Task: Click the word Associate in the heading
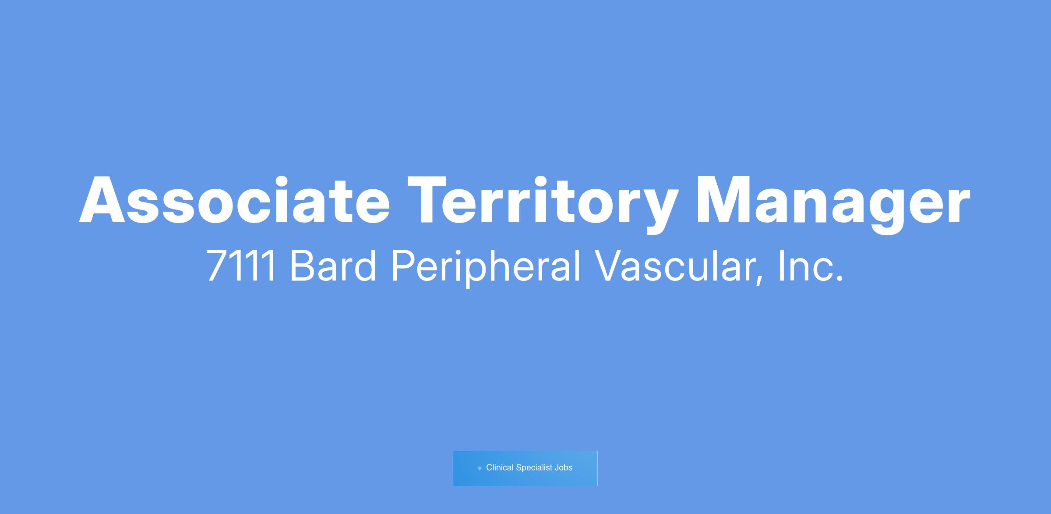point(234,200)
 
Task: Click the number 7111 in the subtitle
point(241,266)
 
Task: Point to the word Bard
point(333,265)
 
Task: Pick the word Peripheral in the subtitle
point(486,268)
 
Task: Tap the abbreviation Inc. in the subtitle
point(810,266)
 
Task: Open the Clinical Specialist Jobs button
point(525,468)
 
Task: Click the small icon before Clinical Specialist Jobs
point(480,468)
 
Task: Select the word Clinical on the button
point(500,468)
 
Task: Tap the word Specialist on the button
point(534,468)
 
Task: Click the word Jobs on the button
point(564,468)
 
